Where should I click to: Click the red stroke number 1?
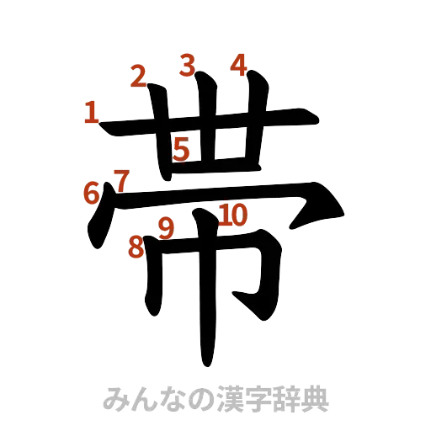pyautogui.click(x=91, y=113)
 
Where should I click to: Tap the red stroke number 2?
pyautogui.click(x=139, y=76)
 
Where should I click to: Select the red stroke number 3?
pyautogui.click(x=186, y=64)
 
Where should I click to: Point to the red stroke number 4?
pyautogui.click(x=239, y=65)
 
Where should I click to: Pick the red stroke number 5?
pyautogui.click(x=181, y=150)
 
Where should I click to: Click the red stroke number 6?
pyautogui.click(x=91, y=193)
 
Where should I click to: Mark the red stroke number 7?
pyautogui.click(x=120, y=180)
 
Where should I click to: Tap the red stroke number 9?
pyautogui.click(x=166, y=227)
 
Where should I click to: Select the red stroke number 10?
pyautogui.click(x=233, y=215)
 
